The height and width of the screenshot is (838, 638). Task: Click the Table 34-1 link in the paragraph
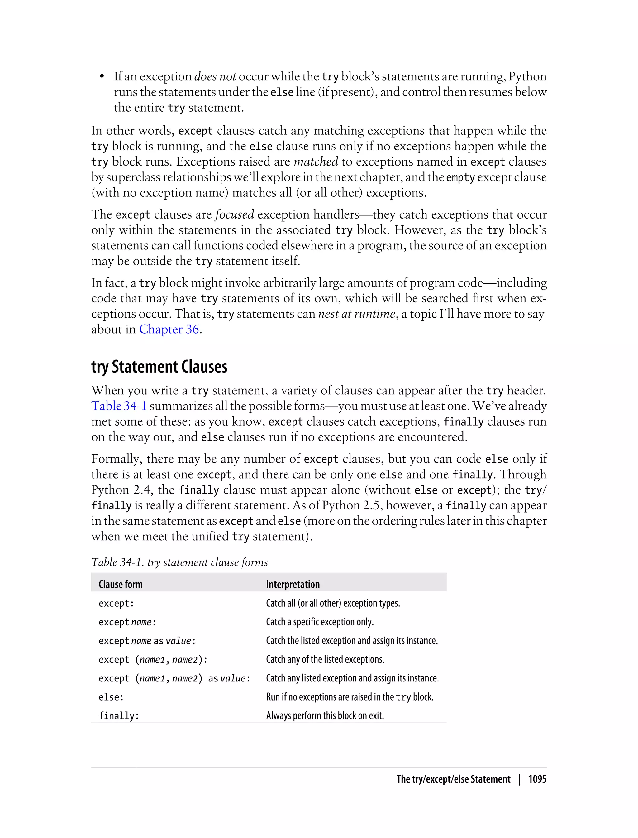(x=119, y=406)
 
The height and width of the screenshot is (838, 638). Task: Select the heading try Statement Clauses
(x=159, y=367)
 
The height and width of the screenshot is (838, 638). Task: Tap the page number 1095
(x=537, y=779)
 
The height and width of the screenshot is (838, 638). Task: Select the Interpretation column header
(x=293, y=584)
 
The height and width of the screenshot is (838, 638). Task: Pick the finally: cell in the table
(x=119, y=716)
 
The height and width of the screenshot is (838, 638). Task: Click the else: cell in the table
(x=111, y=697)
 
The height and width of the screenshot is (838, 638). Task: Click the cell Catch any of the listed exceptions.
(x=325, y=659)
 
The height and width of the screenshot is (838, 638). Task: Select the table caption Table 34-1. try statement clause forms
(x=179, y=562)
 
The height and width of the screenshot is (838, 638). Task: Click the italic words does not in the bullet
(x=215, y=76)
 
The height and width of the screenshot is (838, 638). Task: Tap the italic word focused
(x=234, y=214)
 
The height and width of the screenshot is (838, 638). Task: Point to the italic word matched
(x=316, y=161)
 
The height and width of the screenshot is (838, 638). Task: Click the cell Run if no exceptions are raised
(x=350, y=697)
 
